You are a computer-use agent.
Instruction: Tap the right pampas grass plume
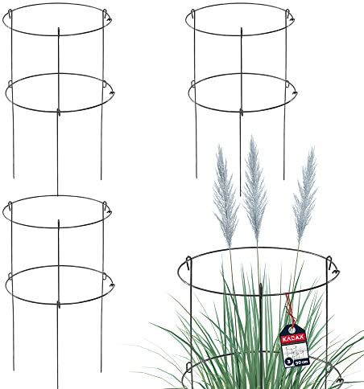pyautogui.click(x=304, y=193)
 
